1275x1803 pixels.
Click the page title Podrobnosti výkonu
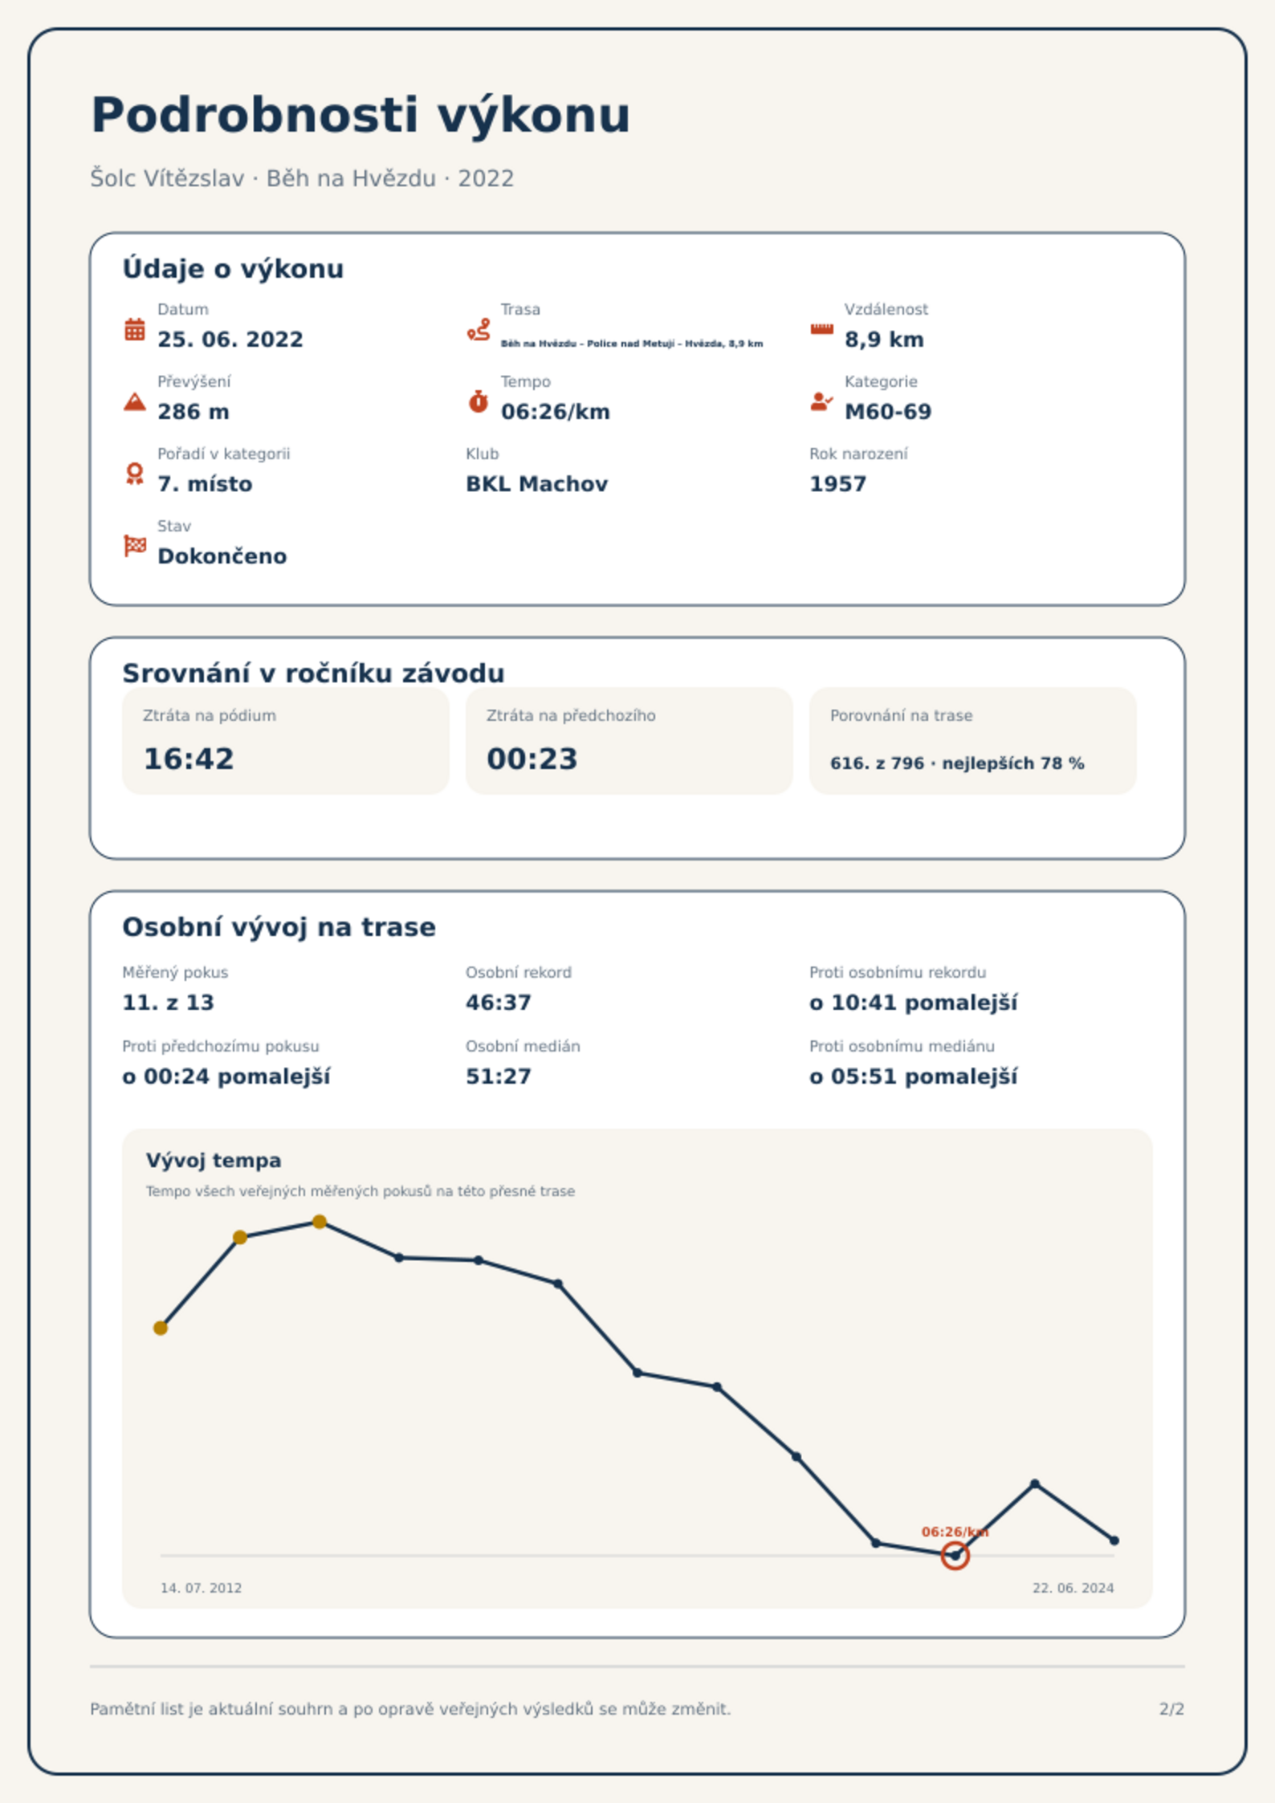[x=361, y=116]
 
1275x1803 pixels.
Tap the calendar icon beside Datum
[x=135, y=329]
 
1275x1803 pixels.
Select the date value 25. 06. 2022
[x=230, y=340]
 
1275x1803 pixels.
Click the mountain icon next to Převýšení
[x=135, y=401]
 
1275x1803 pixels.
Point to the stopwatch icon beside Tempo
[x=479, y=401]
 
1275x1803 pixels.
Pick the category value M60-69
[x=888, y=412]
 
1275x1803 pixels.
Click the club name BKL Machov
[x=536, y=484]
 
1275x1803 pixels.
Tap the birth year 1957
[x=837, y=484]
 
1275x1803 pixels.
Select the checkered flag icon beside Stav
[x=135, y=546]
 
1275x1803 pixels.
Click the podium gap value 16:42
[x=189, y=759]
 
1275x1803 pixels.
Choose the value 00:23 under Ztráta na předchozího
[x=532, y=759]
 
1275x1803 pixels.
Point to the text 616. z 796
[x=877, y=763]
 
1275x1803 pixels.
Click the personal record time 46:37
[x=499, y=1003]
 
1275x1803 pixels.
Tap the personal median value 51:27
[x=499, y=1077]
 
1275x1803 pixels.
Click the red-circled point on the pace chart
[x=955, y=1556]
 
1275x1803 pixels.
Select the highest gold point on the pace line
[x=320, y=1222]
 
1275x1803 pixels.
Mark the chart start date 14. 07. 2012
[x=201, y=1588]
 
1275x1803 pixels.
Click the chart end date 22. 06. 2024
[x=1073, y=1588]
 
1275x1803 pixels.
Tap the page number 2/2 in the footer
[x=1171, y=1709]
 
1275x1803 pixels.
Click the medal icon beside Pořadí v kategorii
[x=135, y=474]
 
